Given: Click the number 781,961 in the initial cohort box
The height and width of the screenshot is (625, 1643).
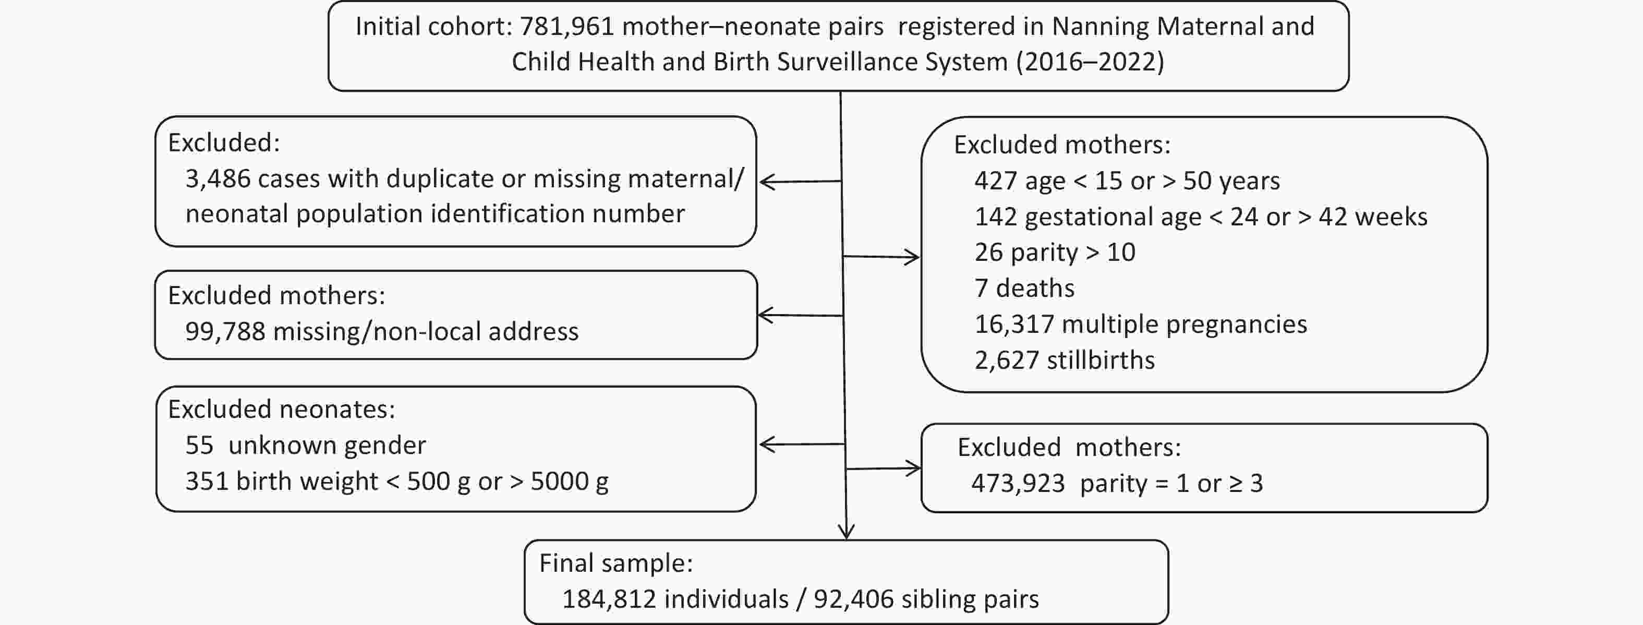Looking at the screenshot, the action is (x=567, y=27).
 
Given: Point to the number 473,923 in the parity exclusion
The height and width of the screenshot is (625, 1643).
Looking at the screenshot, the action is (x=1018, y=484).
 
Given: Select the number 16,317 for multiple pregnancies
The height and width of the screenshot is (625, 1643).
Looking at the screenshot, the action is (x=1014, y=324).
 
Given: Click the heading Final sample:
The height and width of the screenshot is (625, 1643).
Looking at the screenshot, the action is (x=616, y=563).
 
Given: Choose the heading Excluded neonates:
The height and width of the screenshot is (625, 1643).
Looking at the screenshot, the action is (x=281, y=410).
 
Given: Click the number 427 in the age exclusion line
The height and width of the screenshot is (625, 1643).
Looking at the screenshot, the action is (x=996, y=181).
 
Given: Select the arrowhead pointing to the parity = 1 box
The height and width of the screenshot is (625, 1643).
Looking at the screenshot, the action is (x=913, y=468).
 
